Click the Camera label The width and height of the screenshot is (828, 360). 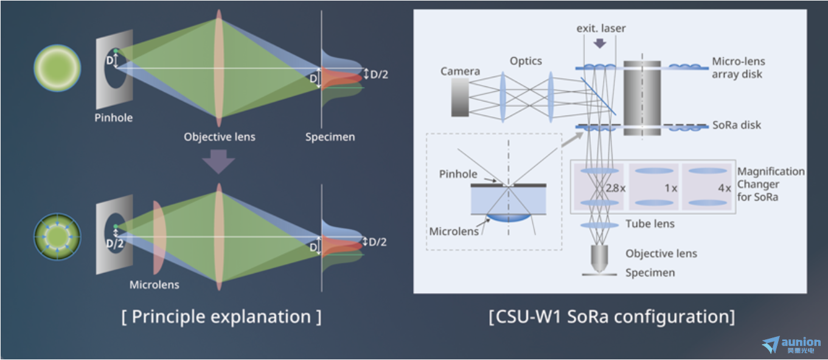pos(460,71)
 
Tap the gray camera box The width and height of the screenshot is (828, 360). pos(460,97)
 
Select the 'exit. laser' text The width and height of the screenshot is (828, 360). pos(601,28)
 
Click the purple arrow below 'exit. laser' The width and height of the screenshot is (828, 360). pos(600,44)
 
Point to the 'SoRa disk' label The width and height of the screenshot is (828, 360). pos(737,125)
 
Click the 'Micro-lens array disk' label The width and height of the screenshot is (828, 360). pos(738,67)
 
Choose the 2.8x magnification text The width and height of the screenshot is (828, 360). pos(616,188)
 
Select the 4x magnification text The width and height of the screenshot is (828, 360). pos(725,188)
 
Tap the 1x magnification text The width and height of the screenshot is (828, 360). pos(671,188)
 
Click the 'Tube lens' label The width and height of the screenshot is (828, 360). pos(650,224)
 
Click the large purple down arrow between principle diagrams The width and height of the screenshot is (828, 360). pos(218,162)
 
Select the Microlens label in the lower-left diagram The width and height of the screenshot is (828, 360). pos(154,285)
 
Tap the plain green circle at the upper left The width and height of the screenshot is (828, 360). pos(57,68)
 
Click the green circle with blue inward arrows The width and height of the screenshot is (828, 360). pos(57,237)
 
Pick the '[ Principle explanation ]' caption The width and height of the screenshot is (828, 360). pos(221,317)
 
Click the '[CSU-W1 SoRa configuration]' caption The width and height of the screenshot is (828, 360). pos(612,317)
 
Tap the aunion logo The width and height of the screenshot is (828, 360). pos(791,345)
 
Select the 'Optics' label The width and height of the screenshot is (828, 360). pos(526,61)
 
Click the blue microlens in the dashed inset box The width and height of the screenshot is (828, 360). pos(508,218)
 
